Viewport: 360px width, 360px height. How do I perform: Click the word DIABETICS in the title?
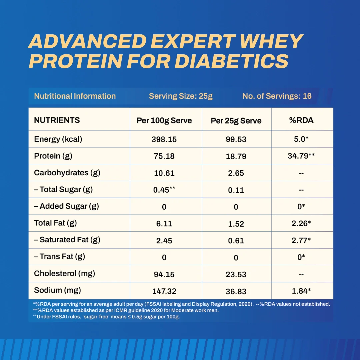[232, 61]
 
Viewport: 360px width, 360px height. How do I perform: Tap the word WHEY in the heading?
[271, 41]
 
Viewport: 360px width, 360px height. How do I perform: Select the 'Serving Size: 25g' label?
[181, 96]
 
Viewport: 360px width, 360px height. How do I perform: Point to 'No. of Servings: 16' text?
[277, 96]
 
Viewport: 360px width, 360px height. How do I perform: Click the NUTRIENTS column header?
[57, 120]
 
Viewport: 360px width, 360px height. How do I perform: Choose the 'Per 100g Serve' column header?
[164, 121]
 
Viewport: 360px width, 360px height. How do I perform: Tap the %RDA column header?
[301, 120]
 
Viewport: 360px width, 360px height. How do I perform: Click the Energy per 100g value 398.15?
[164, 139]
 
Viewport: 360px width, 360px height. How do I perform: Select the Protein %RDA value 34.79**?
[301, 156]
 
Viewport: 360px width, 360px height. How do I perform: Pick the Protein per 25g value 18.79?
[236, 156]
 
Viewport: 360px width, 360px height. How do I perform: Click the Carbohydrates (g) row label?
[67, 173]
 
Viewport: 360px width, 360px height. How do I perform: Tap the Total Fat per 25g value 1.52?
[236, 224]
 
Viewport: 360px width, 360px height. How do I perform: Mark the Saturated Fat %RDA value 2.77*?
[301, 240]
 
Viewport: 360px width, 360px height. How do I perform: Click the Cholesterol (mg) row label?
[65, 273]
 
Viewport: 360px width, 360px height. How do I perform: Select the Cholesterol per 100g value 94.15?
[164, 274]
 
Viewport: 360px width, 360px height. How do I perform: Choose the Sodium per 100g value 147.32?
[164, 291]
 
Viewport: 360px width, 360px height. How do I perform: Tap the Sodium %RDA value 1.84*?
[301, 291]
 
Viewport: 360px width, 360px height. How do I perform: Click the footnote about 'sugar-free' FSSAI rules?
[106, 317]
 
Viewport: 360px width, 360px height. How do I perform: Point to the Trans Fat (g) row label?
[59, 256]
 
